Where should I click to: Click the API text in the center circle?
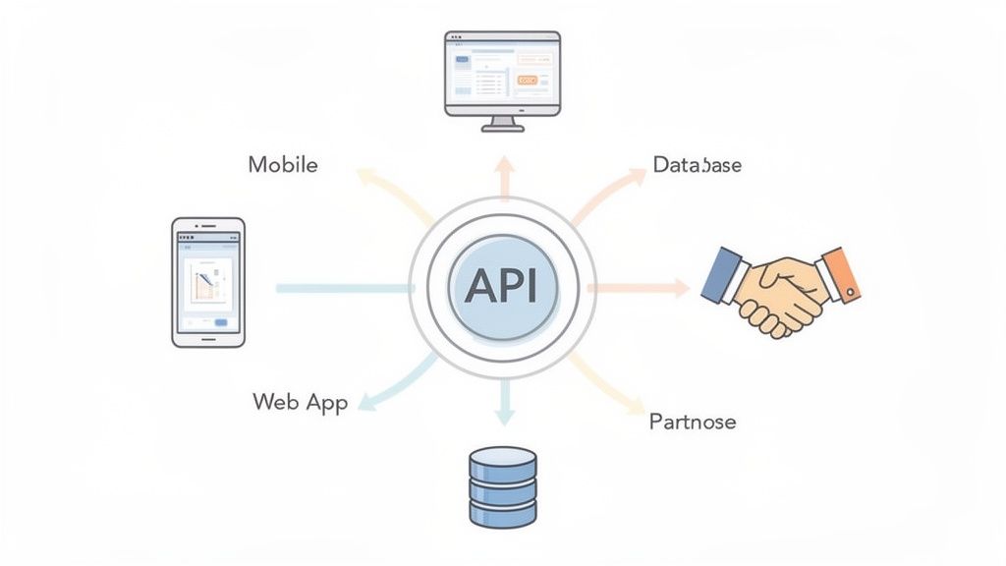coord(502,286)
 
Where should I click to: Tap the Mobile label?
coord(283,164)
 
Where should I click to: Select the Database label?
coord(697,164)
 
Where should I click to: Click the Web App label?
coord(300,402)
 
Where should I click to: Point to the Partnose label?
coord(693,422)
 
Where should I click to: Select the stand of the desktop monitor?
coord(502,123)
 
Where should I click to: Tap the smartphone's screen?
coord(207,281)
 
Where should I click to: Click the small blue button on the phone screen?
coord(220,322)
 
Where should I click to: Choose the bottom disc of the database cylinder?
coord(503,512)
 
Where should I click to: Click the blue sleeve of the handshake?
coord(724,274)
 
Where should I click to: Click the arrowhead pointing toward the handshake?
coord(678,288)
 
